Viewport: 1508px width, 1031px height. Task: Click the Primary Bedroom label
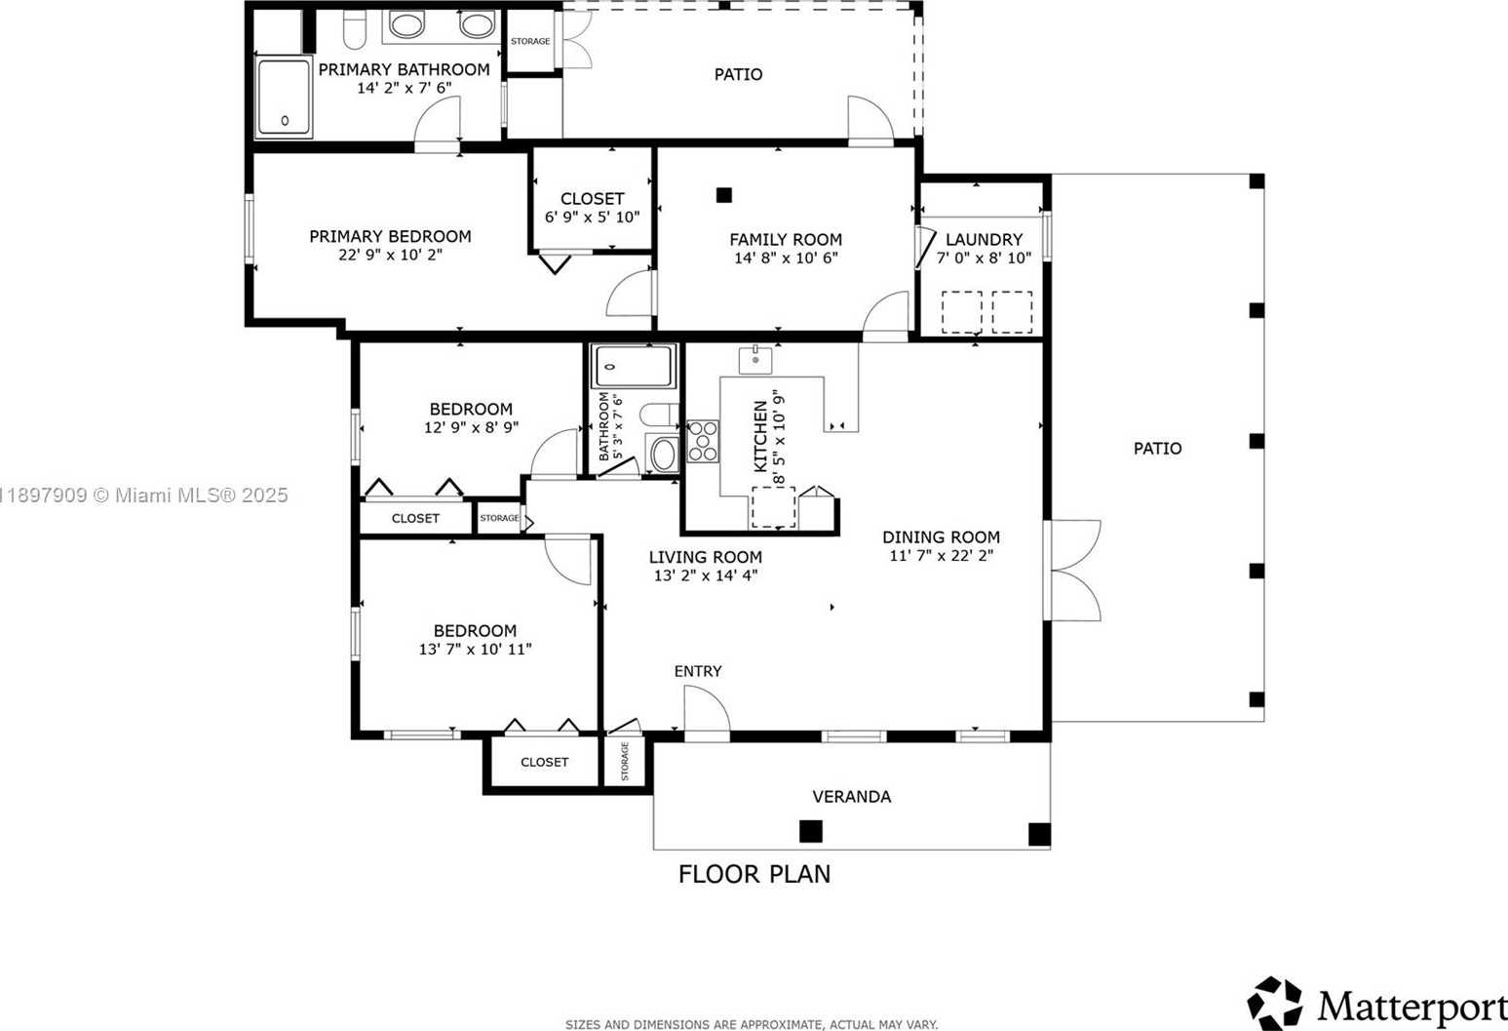[390, 236]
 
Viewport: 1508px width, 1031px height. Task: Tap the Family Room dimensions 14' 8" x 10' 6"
[786, 258]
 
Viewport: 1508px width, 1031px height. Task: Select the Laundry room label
[984, 239]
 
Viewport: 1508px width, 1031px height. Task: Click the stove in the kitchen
[702, 441]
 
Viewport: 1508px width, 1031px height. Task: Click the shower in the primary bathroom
[284, 97]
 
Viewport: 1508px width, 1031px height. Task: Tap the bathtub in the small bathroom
[634, 366]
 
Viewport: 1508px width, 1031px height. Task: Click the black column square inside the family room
[723, 195]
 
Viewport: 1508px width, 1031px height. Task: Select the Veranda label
[851, 797]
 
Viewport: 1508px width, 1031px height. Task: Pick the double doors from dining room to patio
[1072, 571]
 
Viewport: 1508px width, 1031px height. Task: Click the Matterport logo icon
[1275, 1003]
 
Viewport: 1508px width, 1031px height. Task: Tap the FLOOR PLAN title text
[754, 874]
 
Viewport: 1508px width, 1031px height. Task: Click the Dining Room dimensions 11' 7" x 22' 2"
[941, 556]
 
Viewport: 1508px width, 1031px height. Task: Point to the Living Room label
[706, 557]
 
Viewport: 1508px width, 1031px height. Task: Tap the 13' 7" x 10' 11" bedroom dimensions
[475, 650]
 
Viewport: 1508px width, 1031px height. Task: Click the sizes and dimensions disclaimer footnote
[752, 1024]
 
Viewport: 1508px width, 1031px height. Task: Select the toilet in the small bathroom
[660, 415]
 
